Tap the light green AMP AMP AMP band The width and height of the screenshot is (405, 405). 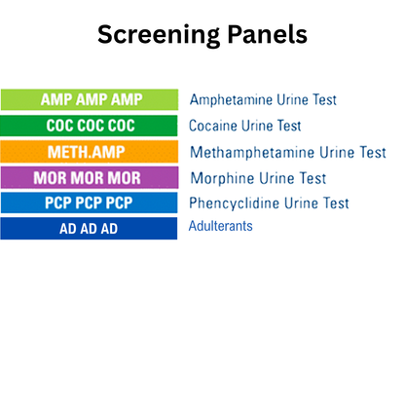point(89,99)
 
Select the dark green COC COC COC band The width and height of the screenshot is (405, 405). point(89,126)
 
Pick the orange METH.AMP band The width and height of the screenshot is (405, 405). point(89,152)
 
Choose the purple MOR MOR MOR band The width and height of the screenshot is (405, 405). point(89,178)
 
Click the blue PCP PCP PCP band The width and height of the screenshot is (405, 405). point(89,203)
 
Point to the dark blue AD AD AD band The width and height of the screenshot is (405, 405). point(89,229)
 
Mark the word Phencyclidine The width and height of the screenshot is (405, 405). point(237,203)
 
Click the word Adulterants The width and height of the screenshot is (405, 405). point(221,226)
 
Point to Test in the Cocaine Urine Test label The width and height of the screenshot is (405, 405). point(286,126)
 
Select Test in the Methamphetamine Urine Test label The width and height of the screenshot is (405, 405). point(370,152)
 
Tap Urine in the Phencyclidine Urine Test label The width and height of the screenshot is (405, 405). point(307,203)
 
